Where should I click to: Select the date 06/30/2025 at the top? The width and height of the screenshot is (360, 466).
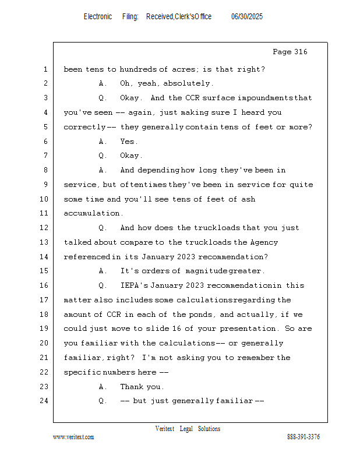pyautogui.click(x=247, y=17)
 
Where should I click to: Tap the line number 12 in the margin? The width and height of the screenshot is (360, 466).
pyautogui.click(x=45, y=228)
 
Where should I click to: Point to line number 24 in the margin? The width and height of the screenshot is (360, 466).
pyautogui.click(x=45, y=401)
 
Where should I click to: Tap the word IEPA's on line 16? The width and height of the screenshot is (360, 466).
pyautogui.click(x=133, y=285)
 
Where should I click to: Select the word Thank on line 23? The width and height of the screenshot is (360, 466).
pyautogui.click(x=132, y=387)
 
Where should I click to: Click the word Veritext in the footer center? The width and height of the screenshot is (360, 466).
pyautogui.click(x=165, y=429)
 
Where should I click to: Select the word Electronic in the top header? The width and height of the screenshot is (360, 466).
pyautogui.click(x=98, y=17)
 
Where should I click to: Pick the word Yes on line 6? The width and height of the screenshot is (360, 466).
pyautogui.click(x=128, y=142)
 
